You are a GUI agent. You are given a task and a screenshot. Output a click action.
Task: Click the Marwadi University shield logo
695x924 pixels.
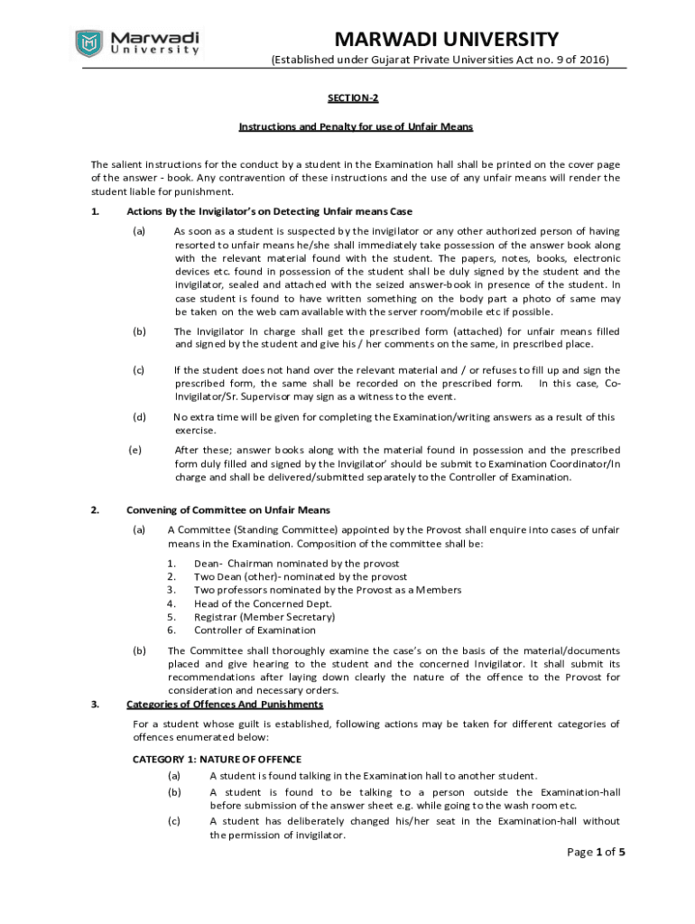click(x=88, y=42)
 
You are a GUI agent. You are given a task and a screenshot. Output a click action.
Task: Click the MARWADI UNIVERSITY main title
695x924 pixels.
click(x=446, y=39)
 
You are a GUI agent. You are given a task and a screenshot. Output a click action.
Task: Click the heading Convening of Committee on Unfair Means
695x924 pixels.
click(x=228, y=510)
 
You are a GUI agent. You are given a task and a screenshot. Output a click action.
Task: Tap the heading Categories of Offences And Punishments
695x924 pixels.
click(x=225, y=704)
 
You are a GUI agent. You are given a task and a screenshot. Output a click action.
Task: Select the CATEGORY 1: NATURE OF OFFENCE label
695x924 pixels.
click(x=217, y=759)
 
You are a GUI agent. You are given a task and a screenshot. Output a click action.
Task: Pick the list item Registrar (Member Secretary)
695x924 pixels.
click(x=264, y=616)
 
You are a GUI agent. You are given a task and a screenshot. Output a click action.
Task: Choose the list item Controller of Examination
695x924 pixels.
click(x=255, y=630)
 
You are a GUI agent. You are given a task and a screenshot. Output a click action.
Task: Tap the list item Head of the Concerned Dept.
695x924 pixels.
click(x=263, y=603)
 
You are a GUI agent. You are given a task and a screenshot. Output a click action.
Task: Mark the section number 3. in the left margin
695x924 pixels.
click(x=96, y=704)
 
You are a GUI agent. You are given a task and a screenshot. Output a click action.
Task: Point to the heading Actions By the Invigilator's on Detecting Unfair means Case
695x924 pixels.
click(x=269, y=211)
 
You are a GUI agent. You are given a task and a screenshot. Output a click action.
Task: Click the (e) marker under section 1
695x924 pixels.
click(x=136, y=449)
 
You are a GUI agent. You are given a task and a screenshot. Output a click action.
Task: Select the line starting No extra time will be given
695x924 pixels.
click(x=394, y=417)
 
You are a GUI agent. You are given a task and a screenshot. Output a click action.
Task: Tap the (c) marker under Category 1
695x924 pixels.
click(x=174, y=821)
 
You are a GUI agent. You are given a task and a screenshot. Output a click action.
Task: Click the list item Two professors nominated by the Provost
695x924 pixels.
click(x=328, y=589)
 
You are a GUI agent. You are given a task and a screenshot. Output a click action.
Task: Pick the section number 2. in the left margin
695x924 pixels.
click(x=96, y=510)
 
